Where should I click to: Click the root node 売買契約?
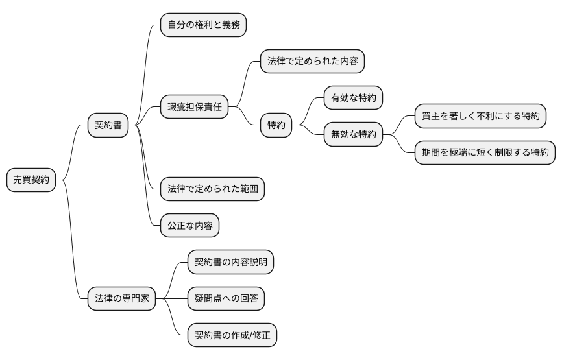coord(31,180)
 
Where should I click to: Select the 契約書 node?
coord(108,126)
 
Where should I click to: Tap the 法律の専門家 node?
coord(121,299)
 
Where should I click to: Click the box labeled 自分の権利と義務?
coord(203,25)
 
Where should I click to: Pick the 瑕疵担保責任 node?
coord(195,107)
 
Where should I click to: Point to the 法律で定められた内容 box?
coord(312,62)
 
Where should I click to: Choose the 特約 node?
coord(276,125)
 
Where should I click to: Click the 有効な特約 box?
coord(353,98)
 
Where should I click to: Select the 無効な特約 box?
coord(353,134)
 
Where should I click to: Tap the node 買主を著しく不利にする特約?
coord(481,116)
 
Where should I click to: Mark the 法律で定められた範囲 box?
coord(212,189)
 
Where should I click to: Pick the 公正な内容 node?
coord(189,225)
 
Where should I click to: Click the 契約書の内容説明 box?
coord(230,262)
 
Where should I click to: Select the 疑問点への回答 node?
coord(226,299)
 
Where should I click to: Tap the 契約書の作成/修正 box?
coord(232,335)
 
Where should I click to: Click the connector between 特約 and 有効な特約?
coord(309,110)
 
